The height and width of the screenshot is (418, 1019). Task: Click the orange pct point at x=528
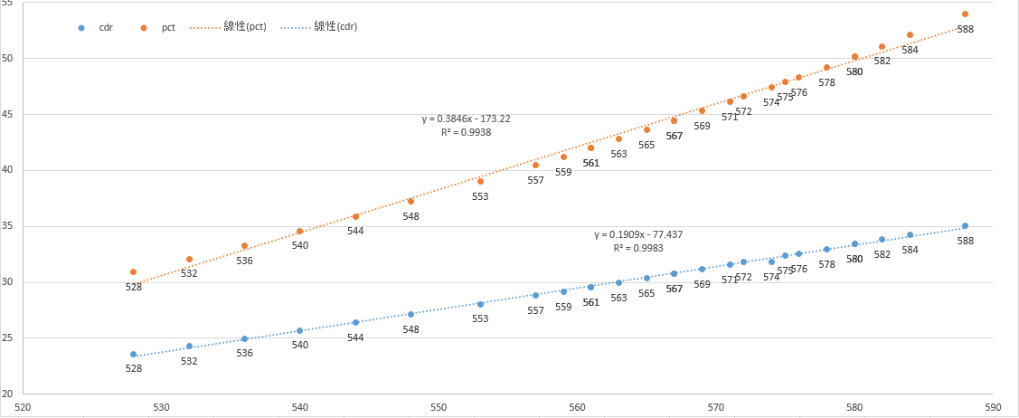[133, 271]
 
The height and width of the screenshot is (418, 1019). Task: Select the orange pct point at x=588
[965, 14]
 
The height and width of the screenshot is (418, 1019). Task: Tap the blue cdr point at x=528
[133, 355]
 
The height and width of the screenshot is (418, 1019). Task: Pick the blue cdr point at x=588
[965, 226]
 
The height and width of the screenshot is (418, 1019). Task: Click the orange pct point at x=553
[480, 181]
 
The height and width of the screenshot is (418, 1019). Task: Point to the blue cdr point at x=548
[410, 315]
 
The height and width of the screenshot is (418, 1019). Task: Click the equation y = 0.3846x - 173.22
[467, 119]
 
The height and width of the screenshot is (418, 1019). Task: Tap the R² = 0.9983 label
[638, 248]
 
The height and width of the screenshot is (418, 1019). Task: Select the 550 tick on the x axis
[439, 407]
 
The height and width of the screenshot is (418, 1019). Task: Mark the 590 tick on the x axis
[993, 407]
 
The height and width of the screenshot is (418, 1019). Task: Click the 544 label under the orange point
[355, 231]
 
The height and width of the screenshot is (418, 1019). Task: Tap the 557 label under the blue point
[535, 310]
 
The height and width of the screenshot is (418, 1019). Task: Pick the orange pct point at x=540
[299, 232]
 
